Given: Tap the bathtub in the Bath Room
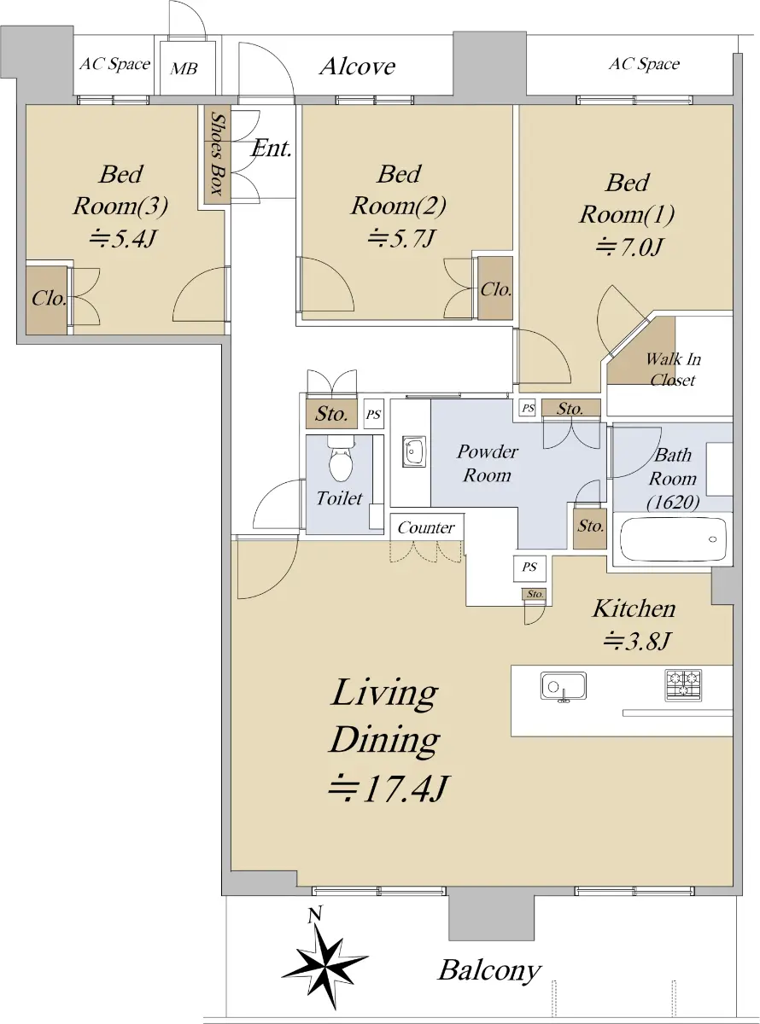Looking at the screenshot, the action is pyautogui.click(x=673, y=539).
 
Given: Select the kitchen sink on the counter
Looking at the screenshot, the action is pyautogui.click(x=564, y=687).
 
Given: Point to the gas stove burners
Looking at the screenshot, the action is pyautogui.click(x=683, y=685).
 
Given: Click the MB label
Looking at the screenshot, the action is pyautogui.click(x=184, y=69).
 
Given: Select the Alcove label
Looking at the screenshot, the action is pyautogui.click(x=357, y=67).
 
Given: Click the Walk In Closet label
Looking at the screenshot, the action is pyautogui.click(x=673, y=369).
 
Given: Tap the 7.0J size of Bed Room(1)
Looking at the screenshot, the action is pyautogui.click(x=629, y=247).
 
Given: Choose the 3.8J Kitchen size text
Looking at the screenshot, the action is pyautogui.click(x=637, y=640).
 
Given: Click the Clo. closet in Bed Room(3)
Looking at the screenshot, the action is pyautogui.click(x=48, y=300).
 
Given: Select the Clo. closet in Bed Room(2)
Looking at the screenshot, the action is pyautogui.click(x=495, y=288).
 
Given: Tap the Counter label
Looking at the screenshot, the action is pyautogui.click(x=425, y=527).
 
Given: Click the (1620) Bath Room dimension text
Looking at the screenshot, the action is pyautogui.click(x=673, y=502).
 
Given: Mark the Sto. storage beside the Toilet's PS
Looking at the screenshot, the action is pyautogui.click(x=331, y=413).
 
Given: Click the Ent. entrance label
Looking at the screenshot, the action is pyautogui.click(x=272, y=148).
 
